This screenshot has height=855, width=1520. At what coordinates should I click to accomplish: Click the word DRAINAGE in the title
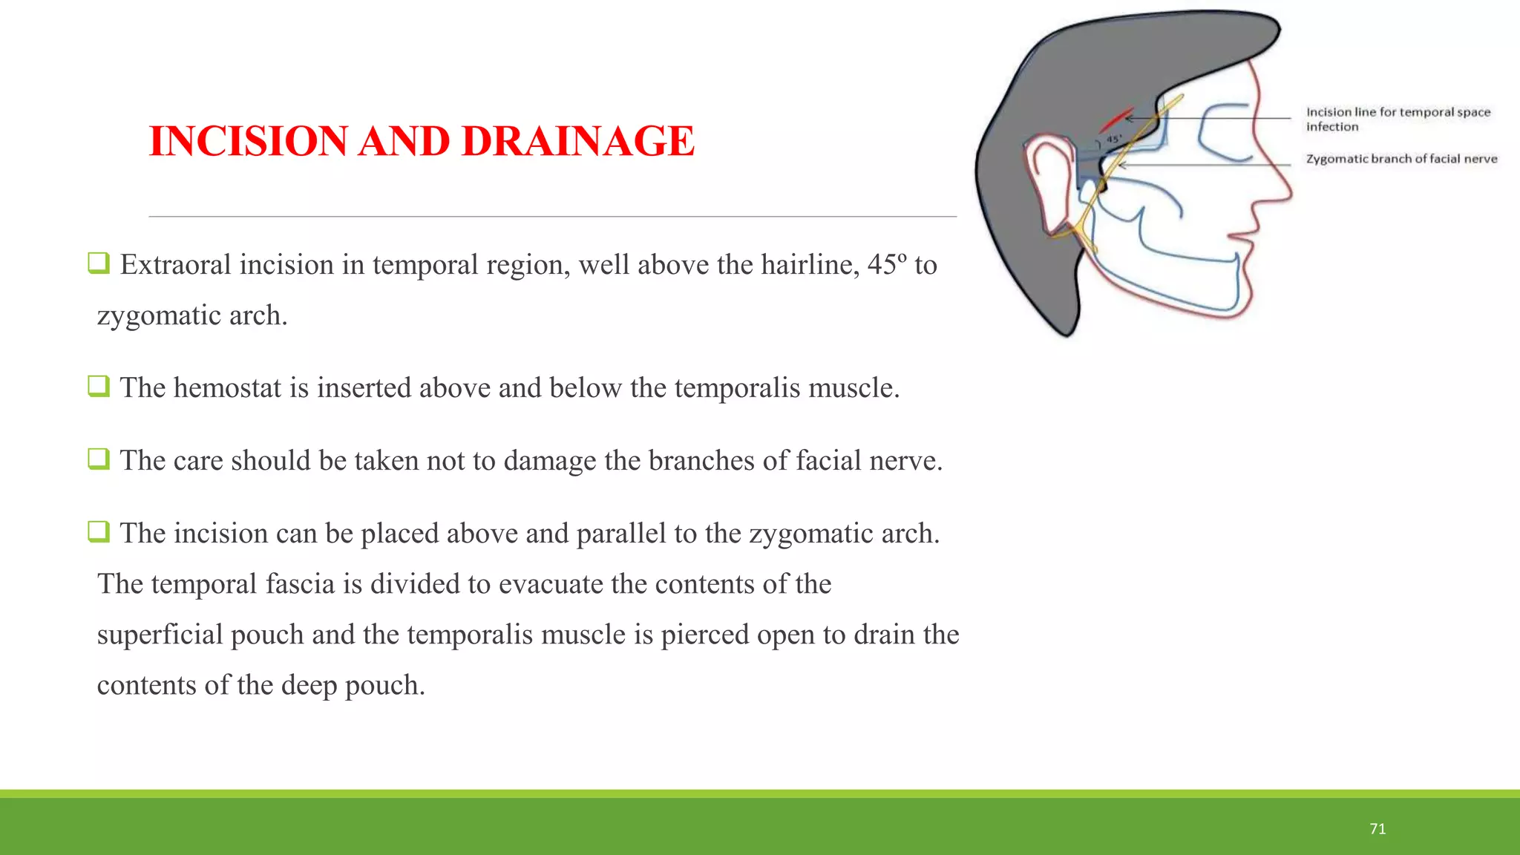click(577, 141)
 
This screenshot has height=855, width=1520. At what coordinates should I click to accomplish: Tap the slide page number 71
click(1377, 829)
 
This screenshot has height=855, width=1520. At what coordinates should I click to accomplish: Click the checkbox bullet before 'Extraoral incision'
click(99, 263)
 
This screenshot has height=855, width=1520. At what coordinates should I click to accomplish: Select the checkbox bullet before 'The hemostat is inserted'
click(99, 386)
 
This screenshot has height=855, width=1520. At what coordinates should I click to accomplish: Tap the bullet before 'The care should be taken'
click(99, 459)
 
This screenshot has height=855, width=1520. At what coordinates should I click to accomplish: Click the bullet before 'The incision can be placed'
click(99, 531)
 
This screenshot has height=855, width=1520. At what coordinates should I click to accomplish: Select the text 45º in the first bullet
click(886, 265)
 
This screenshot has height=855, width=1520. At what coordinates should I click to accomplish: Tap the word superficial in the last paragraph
click(160, 635)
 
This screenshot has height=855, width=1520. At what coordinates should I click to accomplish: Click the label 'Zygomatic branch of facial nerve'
click(1401, 159)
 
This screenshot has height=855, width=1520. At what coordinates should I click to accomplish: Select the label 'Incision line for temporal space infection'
click(1398, 119)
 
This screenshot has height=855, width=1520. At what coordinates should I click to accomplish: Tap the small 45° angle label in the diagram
click(1114, 139)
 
